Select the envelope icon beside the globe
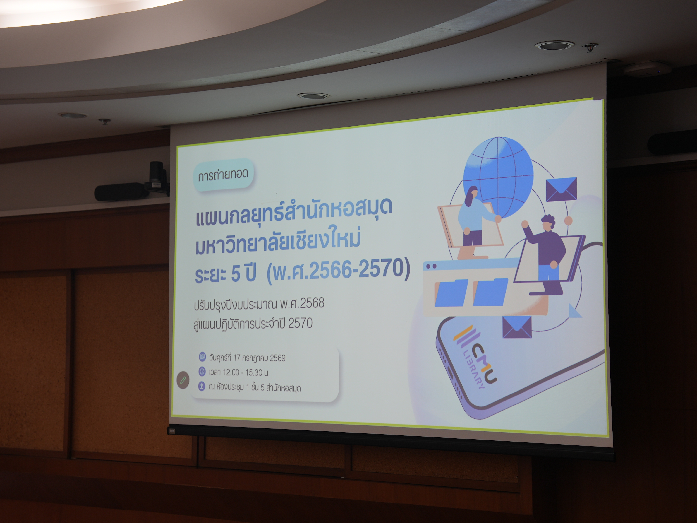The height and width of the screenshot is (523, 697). click(561, 189)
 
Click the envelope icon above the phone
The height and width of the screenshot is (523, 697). click(517, 327)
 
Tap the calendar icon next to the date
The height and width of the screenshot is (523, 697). click(202, 357)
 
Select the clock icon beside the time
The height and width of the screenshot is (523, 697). click(202, 371)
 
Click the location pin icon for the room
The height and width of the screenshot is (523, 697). click(202, 386)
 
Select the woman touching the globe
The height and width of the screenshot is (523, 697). click(473, 221)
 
